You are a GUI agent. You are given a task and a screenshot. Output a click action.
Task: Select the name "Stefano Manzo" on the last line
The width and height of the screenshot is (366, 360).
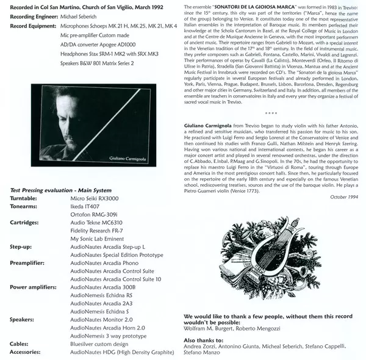pos(201,352)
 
